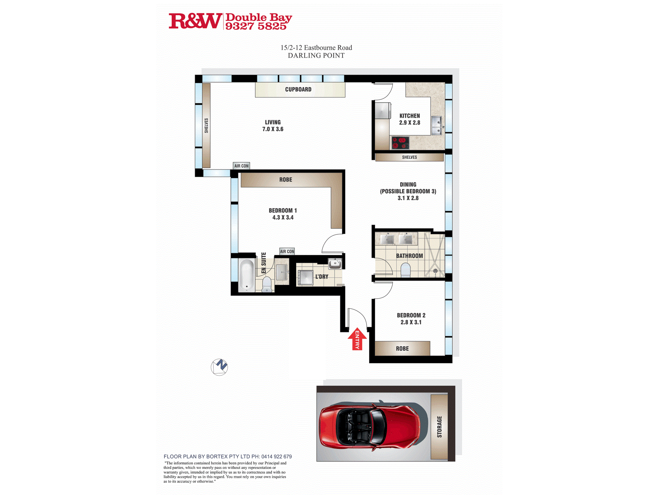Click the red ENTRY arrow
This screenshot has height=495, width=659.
coord(357,339)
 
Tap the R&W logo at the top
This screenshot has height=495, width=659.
coord(195,21)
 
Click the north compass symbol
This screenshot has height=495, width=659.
coord(219,367)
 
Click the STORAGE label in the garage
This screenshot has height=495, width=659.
coord(439,427)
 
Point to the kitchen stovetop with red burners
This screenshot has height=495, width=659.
coord(400,143)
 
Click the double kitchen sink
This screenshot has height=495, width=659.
coord(437,125)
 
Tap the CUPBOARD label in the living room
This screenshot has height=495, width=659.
coord(298,89)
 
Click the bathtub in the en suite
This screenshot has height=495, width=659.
coord(246,276)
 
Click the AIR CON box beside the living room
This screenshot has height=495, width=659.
coord(242,166)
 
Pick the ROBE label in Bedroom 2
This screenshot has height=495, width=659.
coord(402,348)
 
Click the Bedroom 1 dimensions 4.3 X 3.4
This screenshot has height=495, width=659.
coord(283,217)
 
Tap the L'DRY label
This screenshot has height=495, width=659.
coord(322,277)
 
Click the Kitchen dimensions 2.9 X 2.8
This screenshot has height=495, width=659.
coord(410,123)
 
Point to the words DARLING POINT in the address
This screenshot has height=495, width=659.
coord(316,55)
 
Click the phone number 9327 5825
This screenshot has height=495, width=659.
coord(256,26)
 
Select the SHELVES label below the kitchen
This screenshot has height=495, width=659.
coord(409,157)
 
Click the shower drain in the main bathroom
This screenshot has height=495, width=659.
coord(435,271)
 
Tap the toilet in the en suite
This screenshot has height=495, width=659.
coord(267,284)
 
